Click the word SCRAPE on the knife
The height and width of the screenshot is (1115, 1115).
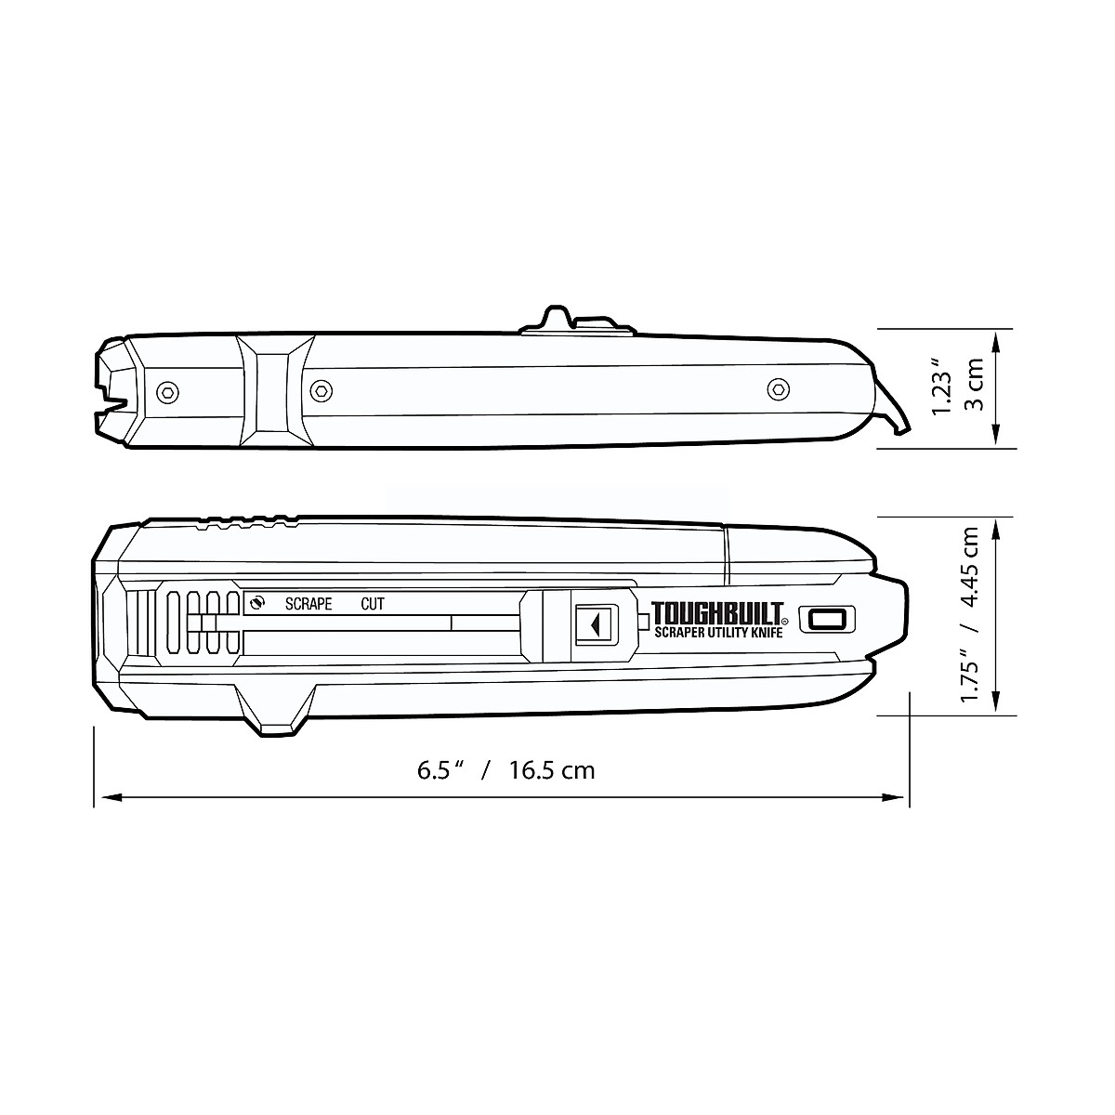[308, 604]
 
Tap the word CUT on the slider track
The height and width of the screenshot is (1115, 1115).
[372, 604]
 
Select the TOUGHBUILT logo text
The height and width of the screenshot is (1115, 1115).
[718, 612]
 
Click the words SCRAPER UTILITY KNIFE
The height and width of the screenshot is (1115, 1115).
[718, 632]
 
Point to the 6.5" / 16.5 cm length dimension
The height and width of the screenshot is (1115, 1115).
[505, 770]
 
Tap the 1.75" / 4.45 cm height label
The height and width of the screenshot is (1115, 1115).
[969, 614]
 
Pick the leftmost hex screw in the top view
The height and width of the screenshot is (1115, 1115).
[167, 393]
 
